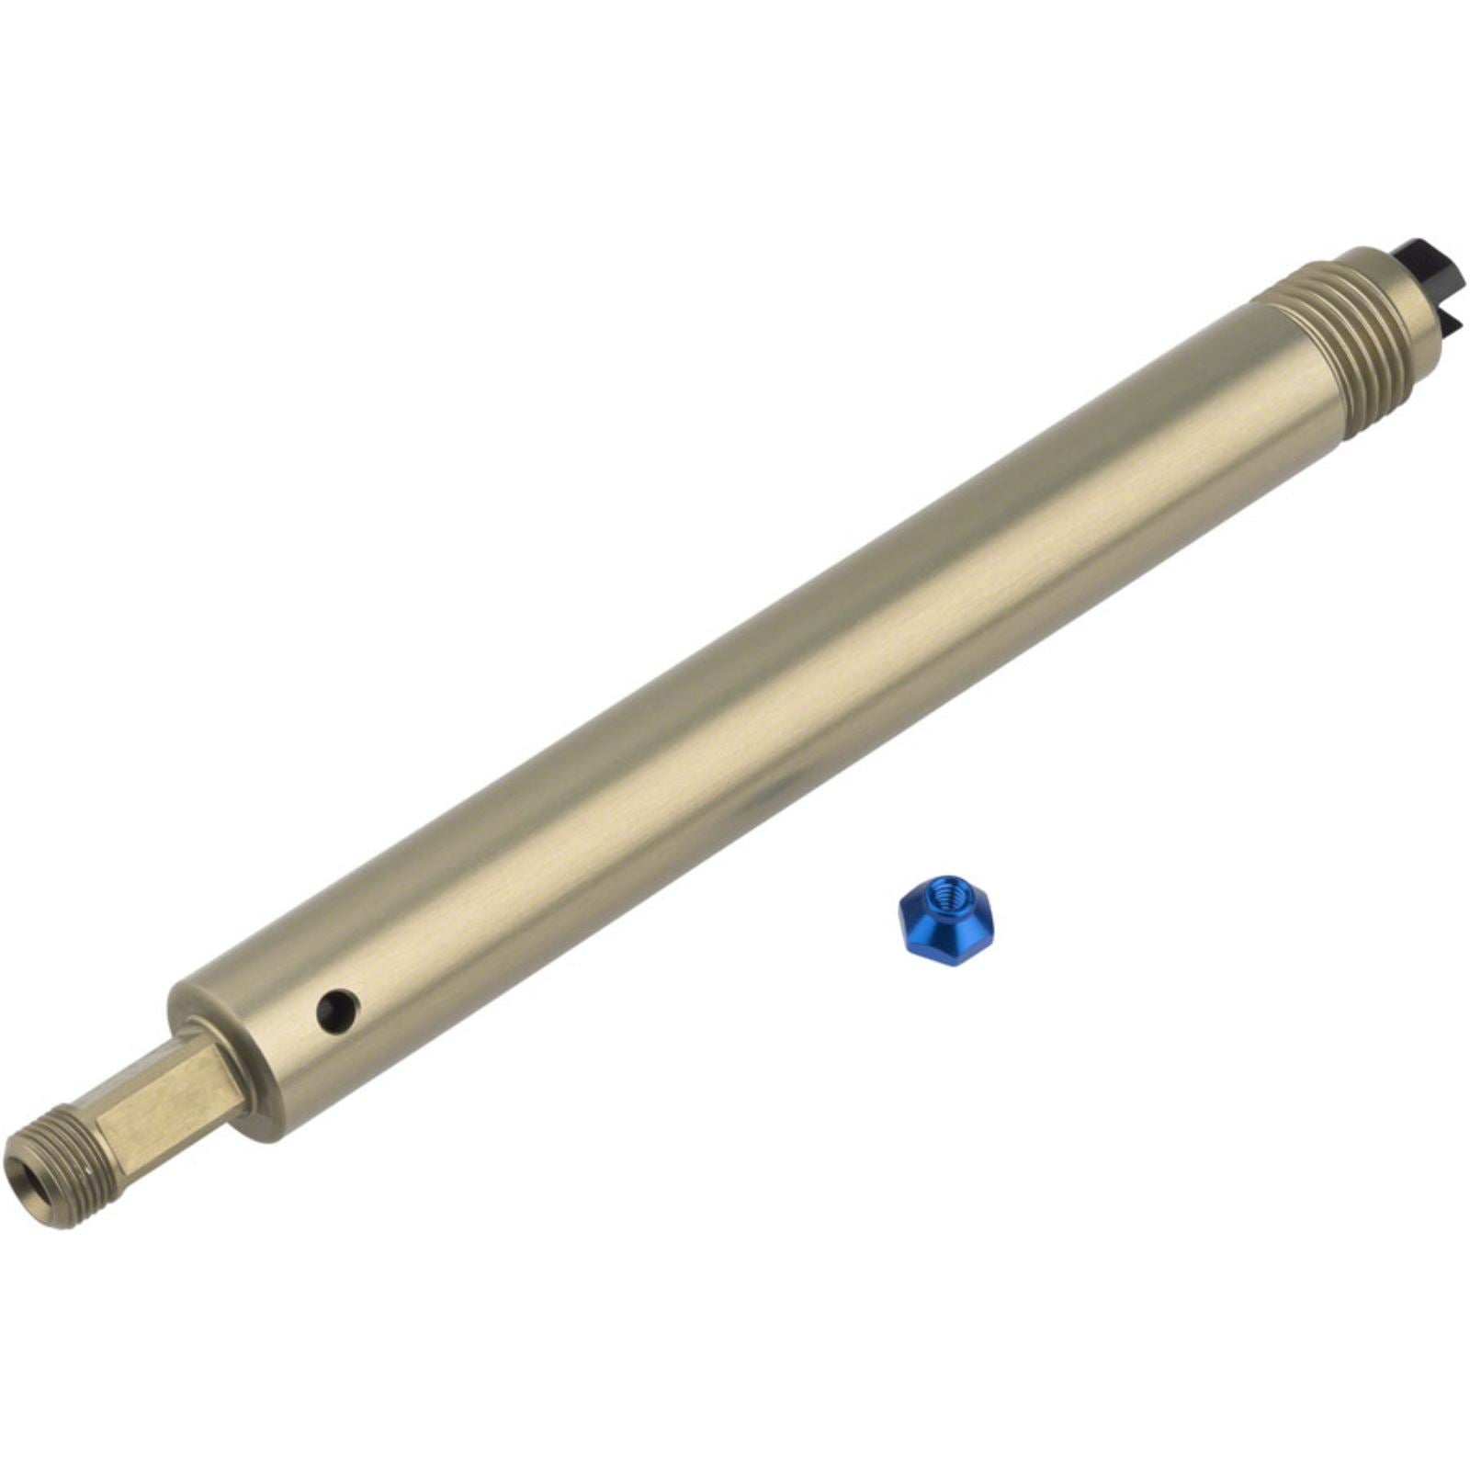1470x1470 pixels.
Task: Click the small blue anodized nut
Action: pyautogui.click(x=945, y=919)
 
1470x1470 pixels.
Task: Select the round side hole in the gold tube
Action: pyautogui.click(x=336, y=1009)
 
